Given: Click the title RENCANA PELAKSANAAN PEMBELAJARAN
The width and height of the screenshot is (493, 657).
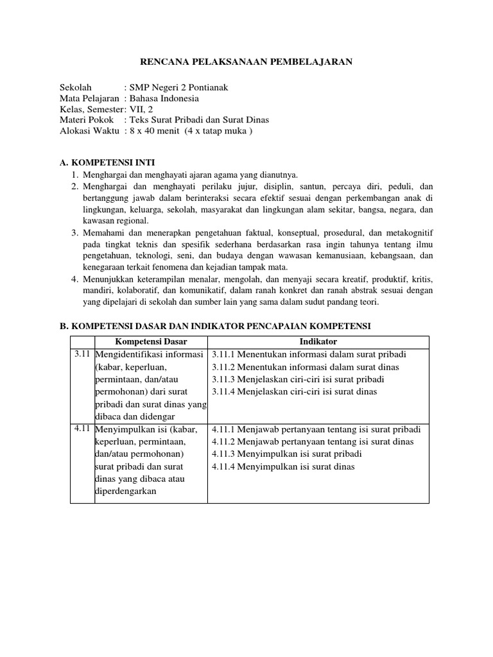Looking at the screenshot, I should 246,62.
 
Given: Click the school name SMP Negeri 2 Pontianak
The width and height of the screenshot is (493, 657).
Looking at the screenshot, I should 178,87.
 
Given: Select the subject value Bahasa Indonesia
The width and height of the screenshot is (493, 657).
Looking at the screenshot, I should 164,98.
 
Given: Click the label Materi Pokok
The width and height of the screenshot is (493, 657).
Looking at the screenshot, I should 87,120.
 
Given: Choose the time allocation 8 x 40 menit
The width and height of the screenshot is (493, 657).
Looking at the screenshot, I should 155,131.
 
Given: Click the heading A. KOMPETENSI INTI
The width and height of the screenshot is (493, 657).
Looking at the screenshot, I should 107,162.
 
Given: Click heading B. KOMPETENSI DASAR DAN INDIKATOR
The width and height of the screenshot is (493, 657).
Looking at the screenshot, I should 215,327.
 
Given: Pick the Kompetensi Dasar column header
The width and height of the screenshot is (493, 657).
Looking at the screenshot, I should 150,341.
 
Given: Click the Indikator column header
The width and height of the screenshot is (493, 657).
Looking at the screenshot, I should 318,341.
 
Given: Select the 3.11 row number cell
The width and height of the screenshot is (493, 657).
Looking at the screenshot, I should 82,354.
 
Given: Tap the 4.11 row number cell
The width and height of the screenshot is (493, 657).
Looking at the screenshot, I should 82,429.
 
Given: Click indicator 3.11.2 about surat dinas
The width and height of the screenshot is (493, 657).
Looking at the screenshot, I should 305,367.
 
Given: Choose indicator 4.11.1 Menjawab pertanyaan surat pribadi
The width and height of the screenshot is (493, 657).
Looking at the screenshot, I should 316,429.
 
